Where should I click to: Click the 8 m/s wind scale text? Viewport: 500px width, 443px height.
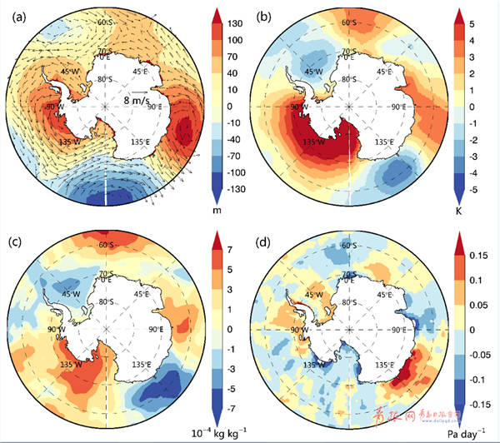(x=137, y=100)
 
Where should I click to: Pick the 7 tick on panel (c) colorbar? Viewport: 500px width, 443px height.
(x=227, y=249)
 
